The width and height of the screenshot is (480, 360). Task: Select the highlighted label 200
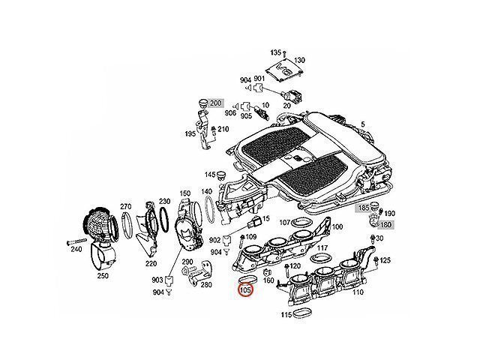[216, 102]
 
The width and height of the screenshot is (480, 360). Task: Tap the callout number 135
[275, 52]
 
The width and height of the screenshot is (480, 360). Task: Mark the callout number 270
[126, 205]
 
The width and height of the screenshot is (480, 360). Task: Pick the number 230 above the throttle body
[184, 202]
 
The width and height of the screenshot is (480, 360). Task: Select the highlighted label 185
[363, 206]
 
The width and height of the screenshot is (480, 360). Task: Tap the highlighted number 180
[385, 224]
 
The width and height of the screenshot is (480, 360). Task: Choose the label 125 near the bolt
[385, 260]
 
